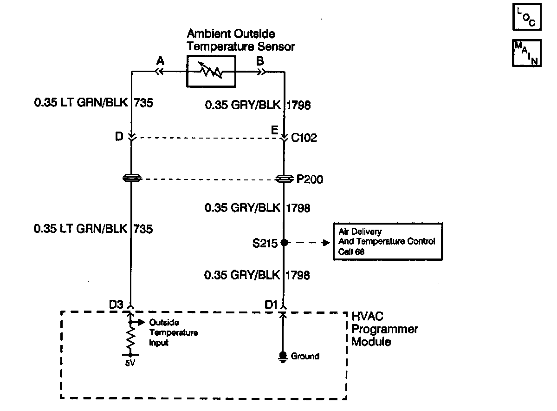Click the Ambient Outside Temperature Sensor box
[x=211, y=72]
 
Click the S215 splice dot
[x=285, y=242]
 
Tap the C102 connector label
[x=304, y=138]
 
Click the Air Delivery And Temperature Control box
[x=388, y=241]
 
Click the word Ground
[x=305, y=357]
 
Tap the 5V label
[x=130, y=363]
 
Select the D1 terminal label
[x=271, y=305]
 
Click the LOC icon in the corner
[x=526, y=18]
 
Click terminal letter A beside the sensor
[x=161, y=60]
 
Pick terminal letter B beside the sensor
[x=260, y=60]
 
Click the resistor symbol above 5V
[x=130, y=339]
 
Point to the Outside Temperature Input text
[x=173, y=333]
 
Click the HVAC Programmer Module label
[x=384, y=329]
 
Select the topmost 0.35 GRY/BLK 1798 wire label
[x=257, y=106]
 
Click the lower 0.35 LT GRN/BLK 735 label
[x=93, y=228]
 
